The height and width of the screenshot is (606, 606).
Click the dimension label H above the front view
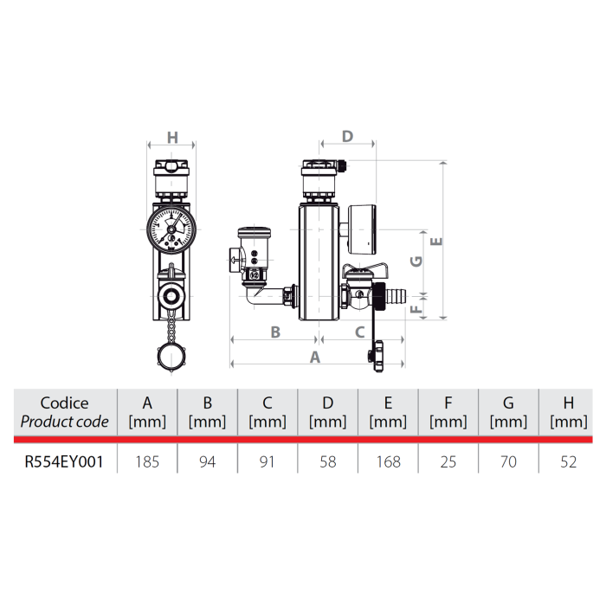[x=171, y=138]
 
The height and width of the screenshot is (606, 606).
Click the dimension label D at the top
[x=347, y=137]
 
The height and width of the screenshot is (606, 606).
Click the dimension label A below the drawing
[x=315, y=356]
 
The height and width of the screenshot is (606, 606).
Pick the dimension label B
[x=275, y=331]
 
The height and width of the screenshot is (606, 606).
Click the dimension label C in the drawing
[x=359, y=331]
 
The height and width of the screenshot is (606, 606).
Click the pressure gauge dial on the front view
[x=171, y=227]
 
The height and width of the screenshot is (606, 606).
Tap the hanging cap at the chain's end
[x=171, y=356]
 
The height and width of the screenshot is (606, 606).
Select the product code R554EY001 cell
[x=64, y=461]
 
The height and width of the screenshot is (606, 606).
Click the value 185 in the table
[x=147, y=461]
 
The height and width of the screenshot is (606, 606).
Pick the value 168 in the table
[x=388, y=461]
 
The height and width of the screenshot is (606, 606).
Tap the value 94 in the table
[x=207, y=461]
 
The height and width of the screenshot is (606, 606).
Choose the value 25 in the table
[x=448, y=461]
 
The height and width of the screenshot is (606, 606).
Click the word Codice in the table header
[x=64, y=403]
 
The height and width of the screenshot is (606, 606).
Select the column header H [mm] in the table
[x=568, y=412]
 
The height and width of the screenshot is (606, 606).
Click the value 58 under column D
[x=327, y=461]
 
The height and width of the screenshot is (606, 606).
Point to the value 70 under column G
[x=508, y=461]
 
